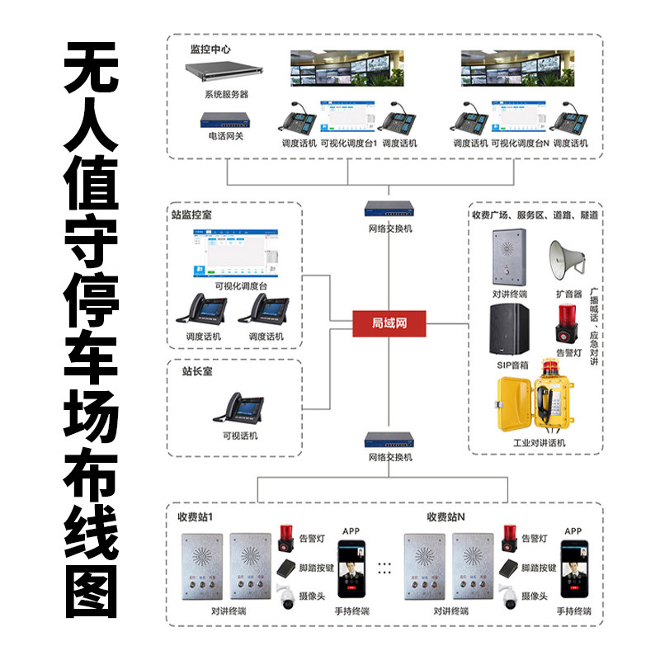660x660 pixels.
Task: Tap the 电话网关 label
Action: point(226,135)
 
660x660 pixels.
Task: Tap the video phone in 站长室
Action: point(239,408)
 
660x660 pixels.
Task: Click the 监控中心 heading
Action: point(210,49)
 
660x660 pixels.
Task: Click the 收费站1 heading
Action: point(196,517)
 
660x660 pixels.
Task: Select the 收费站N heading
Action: point(445,517)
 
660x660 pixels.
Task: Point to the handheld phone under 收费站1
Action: point(353,569)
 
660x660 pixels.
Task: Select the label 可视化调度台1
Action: point(348,143)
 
